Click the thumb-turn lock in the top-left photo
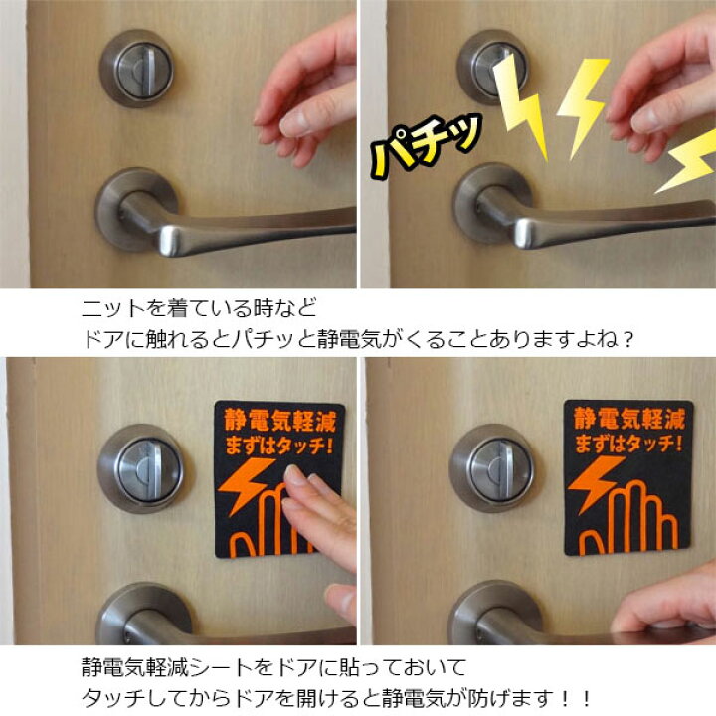coord(138,68)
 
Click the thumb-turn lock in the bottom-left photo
coord(140,467)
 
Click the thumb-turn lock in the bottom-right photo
coord(491,467)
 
